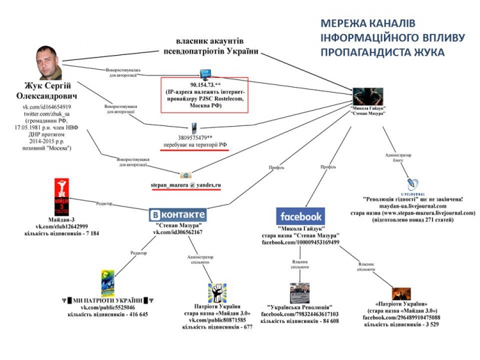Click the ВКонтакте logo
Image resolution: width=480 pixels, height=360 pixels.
179,214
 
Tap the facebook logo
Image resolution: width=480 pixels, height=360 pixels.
300,216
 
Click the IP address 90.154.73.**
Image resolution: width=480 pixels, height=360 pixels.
205,85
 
